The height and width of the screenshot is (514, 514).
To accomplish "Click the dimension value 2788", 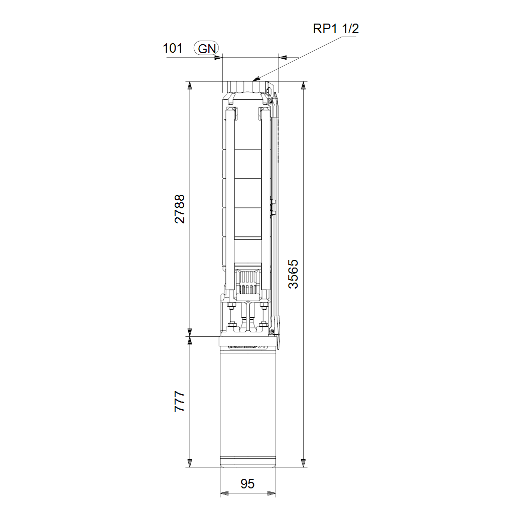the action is pos(180,209).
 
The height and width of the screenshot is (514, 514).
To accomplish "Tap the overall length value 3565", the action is pos(293,274).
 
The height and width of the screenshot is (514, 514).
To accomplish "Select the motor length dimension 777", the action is pos(180,401).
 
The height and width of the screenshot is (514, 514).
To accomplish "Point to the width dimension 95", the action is pos(247,484).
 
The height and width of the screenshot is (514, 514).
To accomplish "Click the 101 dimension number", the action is pos(173,48).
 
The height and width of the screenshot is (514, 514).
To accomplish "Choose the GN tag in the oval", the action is pos(206,49).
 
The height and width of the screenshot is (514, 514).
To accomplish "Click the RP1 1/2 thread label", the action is pos(336,29).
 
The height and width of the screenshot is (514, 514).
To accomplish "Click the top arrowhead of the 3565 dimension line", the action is pos(304,85).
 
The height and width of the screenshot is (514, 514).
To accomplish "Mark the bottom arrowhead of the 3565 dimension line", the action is pos(304,463).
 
